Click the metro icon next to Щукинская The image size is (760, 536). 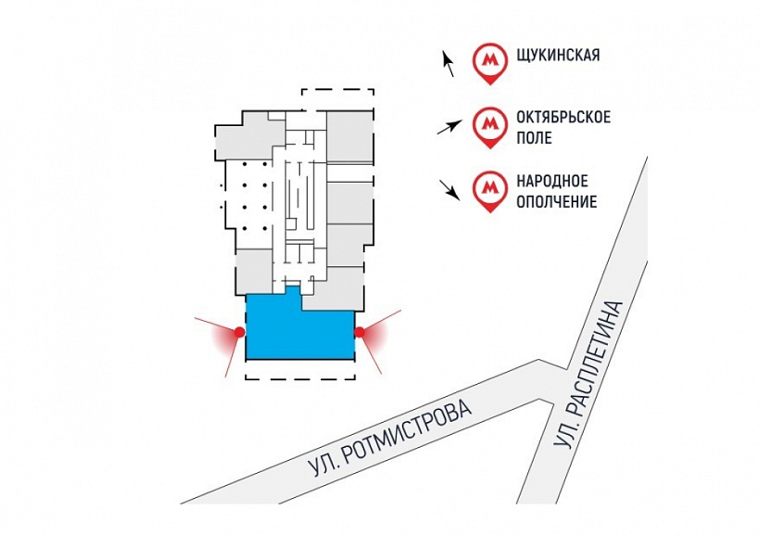click(x=488, y=61)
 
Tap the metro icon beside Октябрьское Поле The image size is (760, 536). click(x=488, y=124)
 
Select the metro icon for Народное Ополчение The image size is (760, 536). click(x=488, y=189)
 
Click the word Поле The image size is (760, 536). click(x=535, y=138)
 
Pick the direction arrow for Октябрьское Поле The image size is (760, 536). click(x=450, y=127)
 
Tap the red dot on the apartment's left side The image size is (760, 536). click(x=239, y=331)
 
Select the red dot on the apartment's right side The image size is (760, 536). click(x=360, y=331)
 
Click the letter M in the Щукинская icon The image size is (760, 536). click(x=488, y=59)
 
